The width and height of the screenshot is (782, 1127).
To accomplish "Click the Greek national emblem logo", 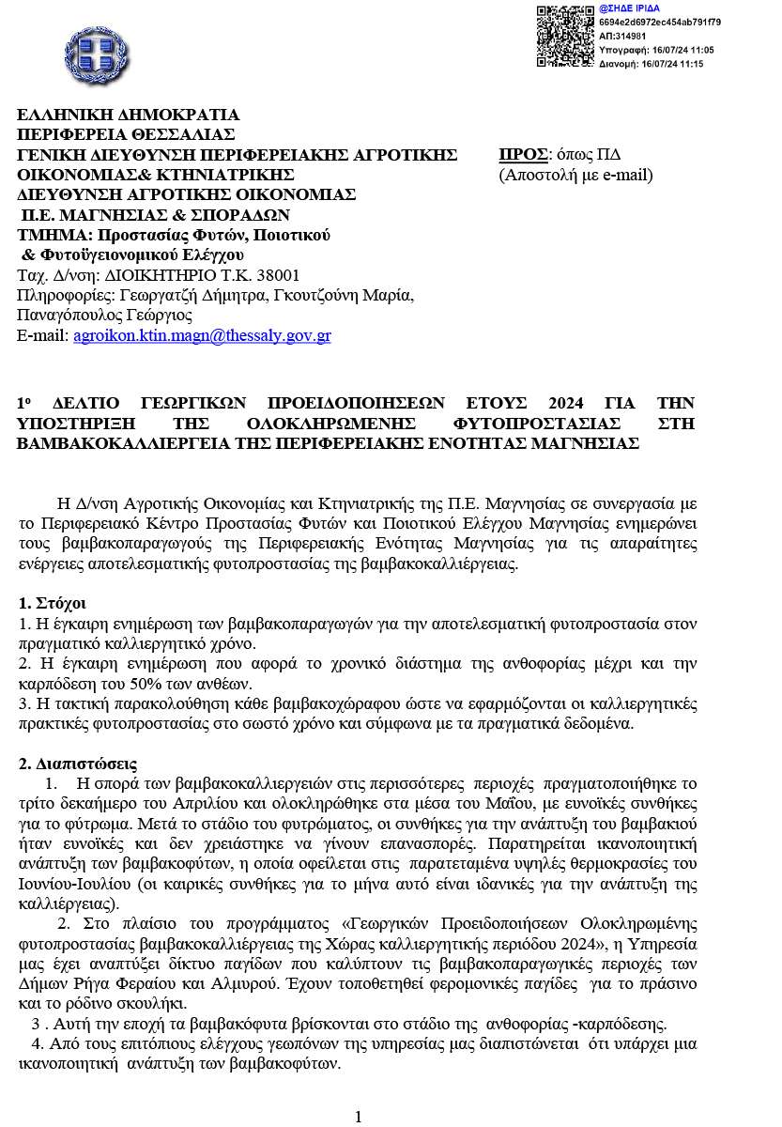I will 92,54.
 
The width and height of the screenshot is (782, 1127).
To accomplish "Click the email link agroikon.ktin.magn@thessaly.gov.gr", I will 202,335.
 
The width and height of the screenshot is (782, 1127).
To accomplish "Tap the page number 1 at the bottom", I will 358,1117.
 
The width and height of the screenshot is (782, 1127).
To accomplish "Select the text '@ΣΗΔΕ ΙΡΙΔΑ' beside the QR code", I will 629,8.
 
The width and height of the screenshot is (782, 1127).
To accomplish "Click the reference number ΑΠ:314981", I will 623,36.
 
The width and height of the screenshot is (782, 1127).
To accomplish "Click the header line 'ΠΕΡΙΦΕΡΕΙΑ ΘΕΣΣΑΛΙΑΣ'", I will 127,134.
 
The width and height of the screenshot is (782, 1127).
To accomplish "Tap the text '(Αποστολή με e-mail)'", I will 575,175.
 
